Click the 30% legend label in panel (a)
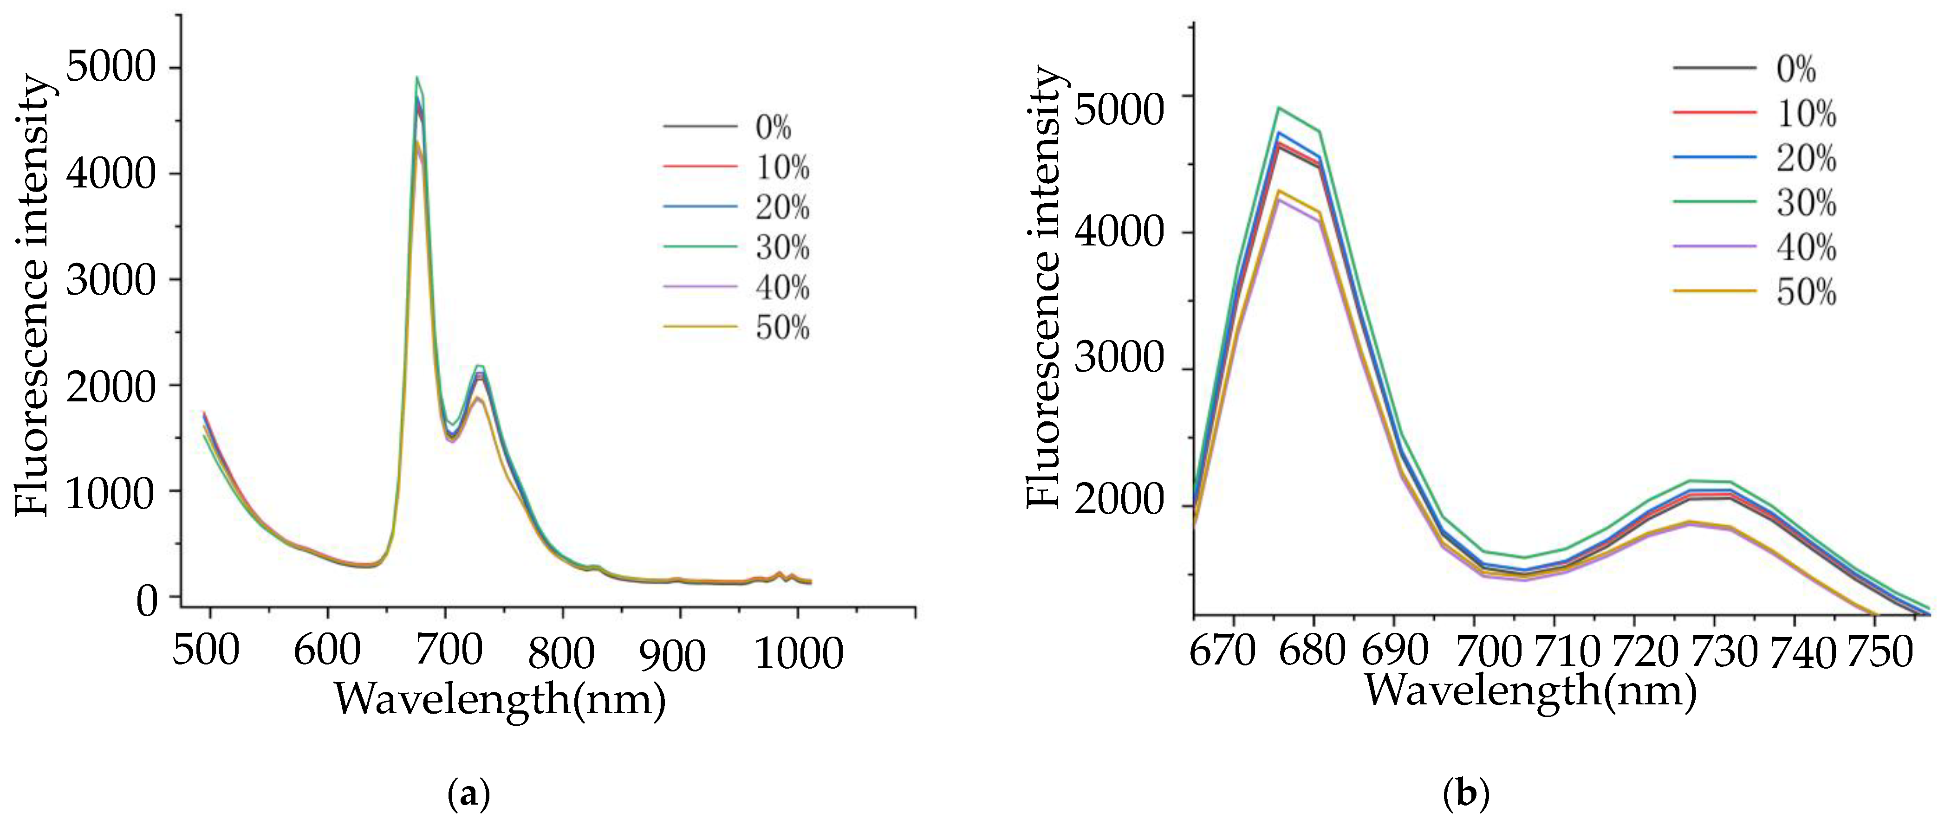coord(782,247)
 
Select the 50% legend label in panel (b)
coord(1806,292)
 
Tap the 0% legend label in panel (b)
coord(1796,69)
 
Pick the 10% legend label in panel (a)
coord(782,167)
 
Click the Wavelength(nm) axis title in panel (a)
coord(500,699)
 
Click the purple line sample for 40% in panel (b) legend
coord(1714,247)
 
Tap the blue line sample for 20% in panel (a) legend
coord(700,206)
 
